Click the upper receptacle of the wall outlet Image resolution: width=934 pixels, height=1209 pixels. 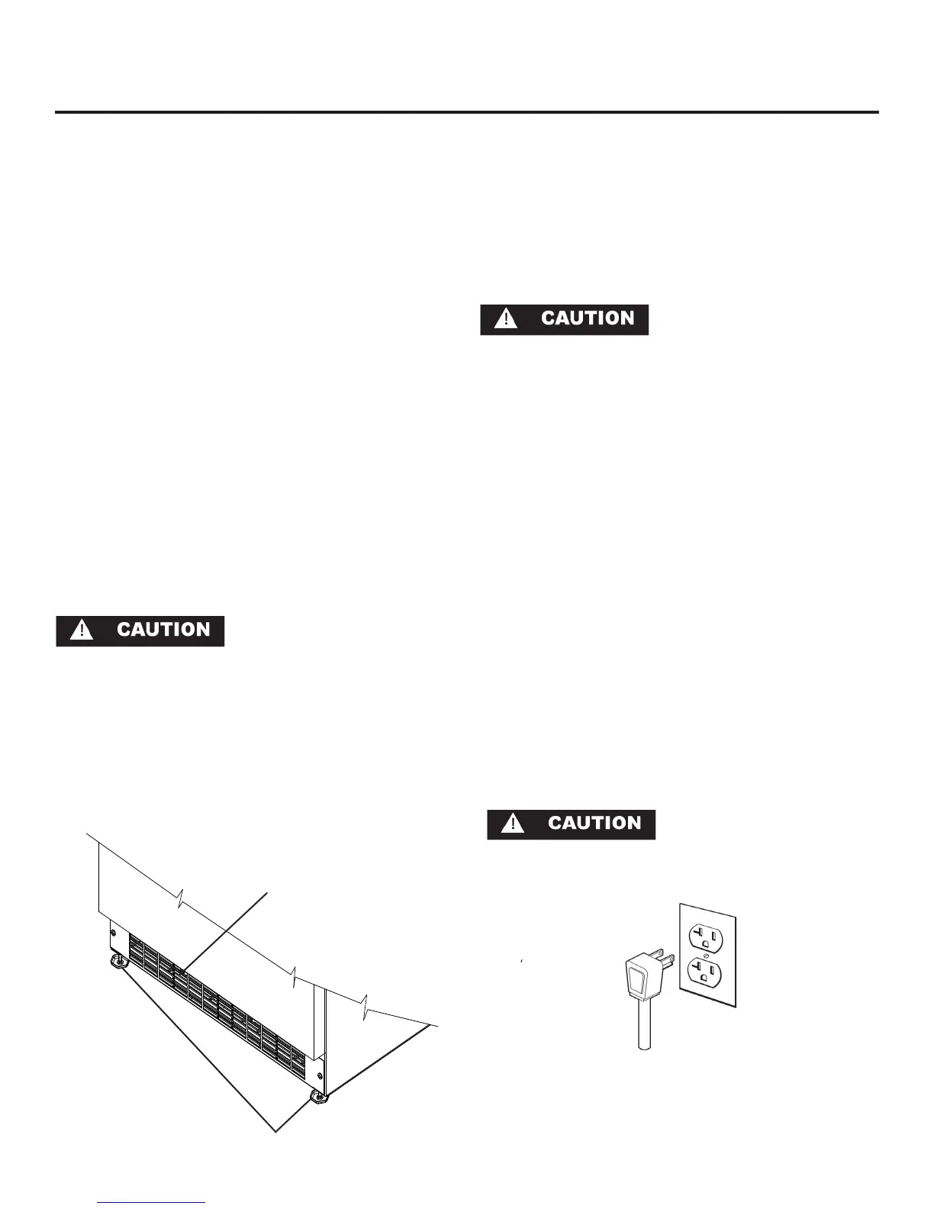(x=706, y=936)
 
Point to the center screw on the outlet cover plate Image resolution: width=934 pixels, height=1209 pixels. (x=707, y=954)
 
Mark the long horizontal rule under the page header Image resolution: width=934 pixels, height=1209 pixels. (x=467, y=112)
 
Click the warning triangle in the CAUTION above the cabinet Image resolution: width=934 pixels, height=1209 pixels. (x=82, y=630)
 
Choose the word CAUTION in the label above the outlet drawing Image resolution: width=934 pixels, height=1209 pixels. (x=594, y=824)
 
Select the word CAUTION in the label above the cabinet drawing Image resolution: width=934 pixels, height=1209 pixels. (x=163, y=630)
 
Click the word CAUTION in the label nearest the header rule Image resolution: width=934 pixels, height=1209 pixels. (x=588, y=319)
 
